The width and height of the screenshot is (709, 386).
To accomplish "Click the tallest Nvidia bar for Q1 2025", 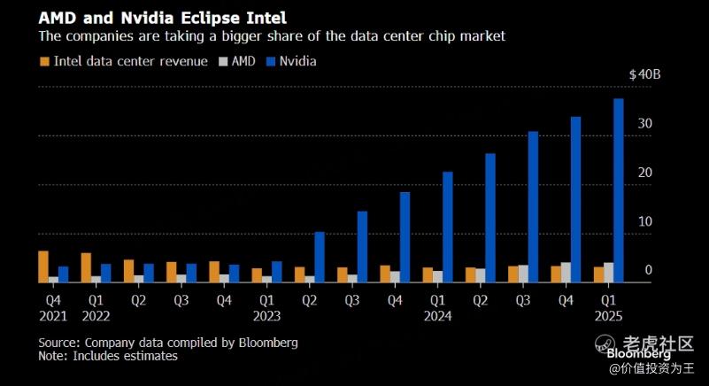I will [x=619, y=190].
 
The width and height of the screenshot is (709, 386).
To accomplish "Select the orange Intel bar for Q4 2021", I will [x=43, y=266].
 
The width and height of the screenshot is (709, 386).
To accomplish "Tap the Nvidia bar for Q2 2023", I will [x=320, y=257].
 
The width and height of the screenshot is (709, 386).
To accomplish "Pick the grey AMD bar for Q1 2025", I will [x=608, y=273].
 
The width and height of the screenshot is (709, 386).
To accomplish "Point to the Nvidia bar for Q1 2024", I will [x=448, y=227].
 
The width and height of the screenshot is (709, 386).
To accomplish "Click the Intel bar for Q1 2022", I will [x=86, y=267].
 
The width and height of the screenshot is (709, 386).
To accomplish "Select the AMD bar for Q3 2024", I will [x=523, y=274].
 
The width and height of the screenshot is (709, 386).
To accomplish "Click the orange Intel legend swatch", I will [x=44, y=62].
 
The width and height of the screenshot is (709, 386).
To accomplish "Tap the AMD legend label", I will [x=245, y=62].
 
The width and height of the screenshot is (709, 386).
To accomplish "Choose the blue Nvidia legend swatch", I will [x=271, y=62].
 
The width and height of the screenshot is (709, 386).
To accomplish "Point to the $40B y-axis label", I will [x=643, y=75].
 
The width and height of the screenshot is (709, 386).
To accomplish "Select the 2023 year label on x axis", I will [x=266, y=315].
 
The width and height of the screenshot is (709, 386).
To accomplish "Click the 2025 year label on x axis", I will [x=608, y=315].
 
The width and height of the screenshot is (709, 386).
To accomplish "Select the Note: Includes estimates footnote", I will [x=108, y=356].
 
